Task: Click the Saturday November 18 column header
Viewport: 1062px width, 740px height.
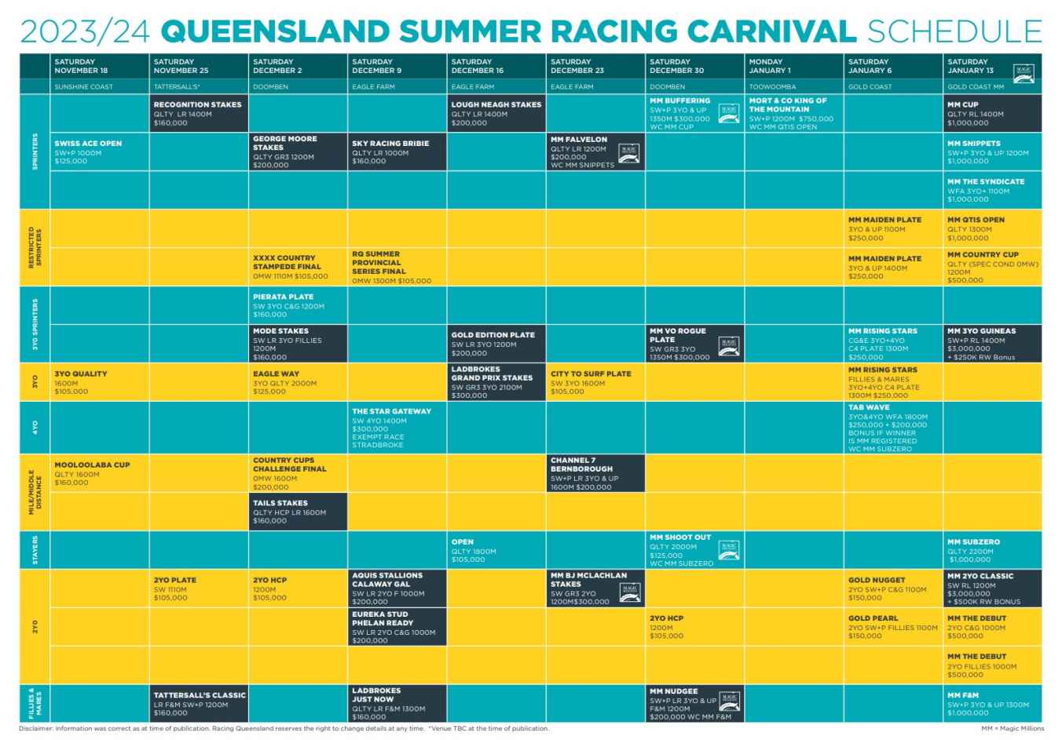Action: (x=99, y=66)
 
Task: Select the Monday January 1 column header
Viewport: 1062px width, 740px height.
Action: (x=793, y=66)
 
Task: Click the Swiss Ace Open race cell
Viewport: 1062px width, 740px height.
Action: (x=99, y=152)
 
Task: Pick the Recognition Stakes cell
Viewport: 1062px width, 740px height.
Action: (x=198, y=114)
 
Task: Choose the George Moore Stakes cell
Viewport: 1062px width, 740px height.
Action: (x=298, y=152)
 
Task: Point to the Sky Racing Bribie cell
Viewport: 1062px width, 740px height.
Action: (x=397, y=152)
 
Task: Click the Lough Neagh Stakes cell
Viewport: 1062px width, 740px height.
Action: (x=496, y=114)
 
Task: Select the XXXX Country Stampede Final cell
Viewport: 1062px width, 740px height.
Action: (x=298, y=267)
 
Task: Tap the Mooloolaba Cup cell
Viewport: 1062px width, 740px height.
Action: (x=99, y=473)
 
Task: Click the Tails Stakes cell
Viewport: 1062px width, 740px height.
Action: (x=298, y=512)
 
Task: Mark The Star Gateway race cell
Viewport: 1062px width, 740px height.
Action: (x=397, y=428)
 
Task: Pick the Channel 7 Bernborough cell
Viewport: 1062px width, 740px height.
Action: (x=595, y=473)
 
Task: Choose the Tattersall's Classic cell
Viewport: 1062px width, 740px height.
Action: (x=198, y=703)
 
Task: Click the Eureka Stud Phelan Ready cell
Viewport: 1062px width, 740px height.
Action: (x=397, y=627)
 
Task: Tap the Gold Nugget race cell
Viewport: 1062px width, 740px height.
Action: (x=893, y=589)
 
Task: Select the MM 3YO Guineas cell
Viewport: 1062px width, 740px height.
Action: (x=993, y=344)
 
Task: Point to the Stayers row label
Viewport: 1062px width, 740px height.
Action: (x=35, y=550)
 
